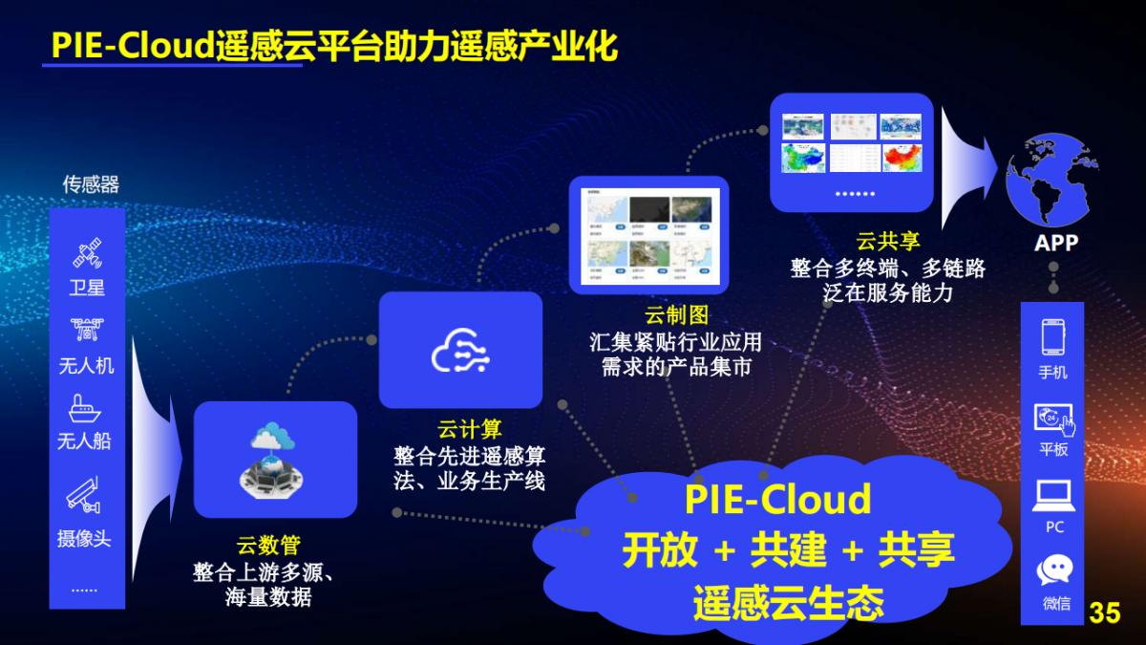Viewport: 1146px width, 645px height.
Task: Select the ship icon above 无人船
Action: click(85, 409)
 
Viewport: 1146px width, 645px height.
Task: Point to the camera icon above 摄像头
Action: click(84, 497)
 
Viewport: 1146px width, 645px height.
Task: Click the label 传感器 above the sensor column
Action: click(91, 184)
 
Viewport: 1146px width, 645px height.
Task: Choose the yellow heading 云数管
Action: click(268, 546)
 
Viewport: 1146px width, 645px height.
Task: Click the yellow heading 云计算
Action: click(469, 429)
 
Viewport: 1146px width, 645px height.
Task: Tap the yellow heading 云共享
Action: click(888, 243)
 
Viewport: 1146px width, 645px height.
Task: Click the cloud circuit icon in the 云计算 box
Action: click(460, 351)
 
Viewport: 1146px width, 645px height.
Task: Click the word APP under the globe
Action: click(1056, 243)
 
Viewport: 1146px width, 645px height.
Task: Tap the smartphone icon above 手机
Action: click(1053, 337)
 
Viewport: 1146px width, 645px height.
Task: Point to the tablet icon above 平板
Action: click(1053, 419)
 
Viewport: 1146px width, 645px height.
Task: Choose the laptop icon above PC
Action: click(1053, 495)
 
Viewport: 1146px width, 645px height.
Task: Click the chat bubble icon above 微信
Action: click(1054, 570)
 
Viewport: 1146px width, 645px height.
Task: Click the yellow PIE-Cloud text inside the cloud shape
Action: click(777, 500)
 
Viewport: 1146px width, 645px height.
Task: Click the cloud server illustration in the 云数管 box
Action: click(275, 459)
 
